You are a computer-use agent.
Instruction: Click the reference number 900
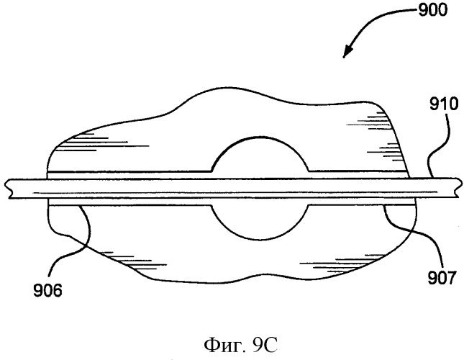tap(432, 11)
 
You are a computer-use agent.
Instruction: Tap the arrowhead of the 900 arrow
tap(347, 52)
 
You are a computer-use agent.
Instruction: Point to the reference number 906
tap(47, 290)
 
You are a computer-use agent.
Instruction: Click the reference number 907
tap(442, 279)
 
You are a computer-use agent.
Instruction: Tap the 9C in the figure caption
tap(265, 345)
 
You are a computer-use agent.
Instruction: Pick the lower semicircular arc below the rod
tap(260, 238)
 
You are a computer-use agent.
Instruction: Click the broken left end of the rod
tap(9, 188)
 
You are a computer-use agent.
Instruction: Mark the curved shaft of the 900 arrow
tap(379, 18)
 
